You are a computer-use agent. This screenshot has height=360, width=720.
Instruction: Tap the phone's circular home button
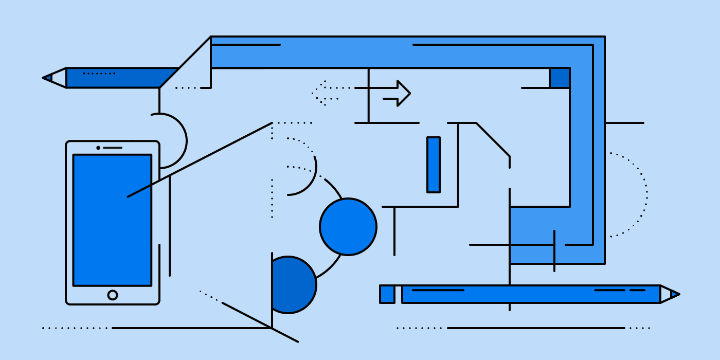(113, 295)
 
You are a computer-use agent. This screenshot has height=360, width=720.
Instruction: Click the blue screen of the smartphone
(112, 231)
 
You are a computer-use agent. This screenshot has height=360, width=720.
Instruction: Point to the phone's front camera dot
(98, 148)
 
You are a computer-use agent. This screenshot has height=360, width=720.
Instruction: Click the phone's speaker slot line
(113, 148)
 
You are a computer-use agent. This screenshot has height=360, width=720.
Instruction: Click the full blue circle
(348, 227)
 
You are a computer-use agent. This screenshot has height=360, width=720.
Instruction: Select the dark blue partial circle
(292, 285)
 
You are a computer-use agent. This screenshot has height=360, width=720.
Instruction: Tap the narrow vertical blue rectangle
(434, 165)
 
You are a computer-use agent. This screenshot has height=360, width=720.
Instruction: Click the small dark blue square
(560, 78)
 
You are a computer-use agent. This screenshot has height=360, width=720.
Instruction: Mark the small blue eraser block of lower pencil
(387, 294)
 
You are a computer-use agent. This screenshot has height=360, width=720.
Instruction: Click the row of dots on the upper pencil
(99, 74)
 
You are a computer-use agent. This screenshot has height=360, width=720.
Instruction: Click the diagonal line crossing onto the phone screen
(201, 159)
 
